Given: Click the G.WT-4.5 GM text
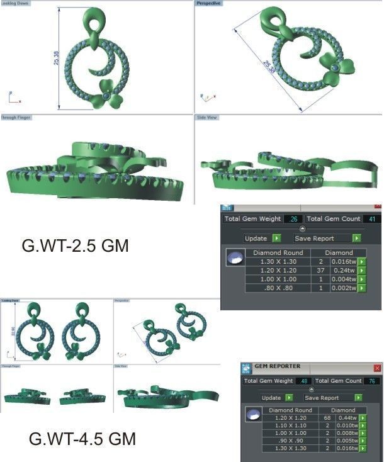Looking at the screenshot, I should tap(82, 438).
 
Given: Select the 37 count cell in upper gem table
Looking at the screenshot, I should tap(320, 270).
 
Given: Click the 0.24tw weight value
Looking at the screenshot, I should tap(344, 270).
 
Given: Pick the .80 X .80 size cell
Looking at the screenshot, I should tap(278, 288).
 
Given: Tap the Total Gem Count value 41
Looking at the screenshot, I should tap(371, 218).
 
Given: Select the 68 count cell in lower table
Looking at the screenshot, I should tap(327, 417).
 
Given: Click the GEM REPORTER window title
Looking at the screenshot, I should tap(277, 366).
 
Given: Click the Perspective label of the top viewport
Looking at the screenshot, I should tap(209, 4).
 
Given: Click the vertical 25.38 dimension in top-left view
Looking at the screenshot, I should tap(56, 58).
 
